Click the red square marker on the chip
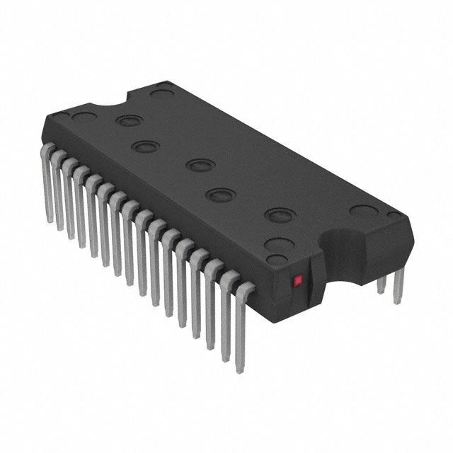(298, 280)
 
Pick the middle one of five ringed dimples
(200, 166)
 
